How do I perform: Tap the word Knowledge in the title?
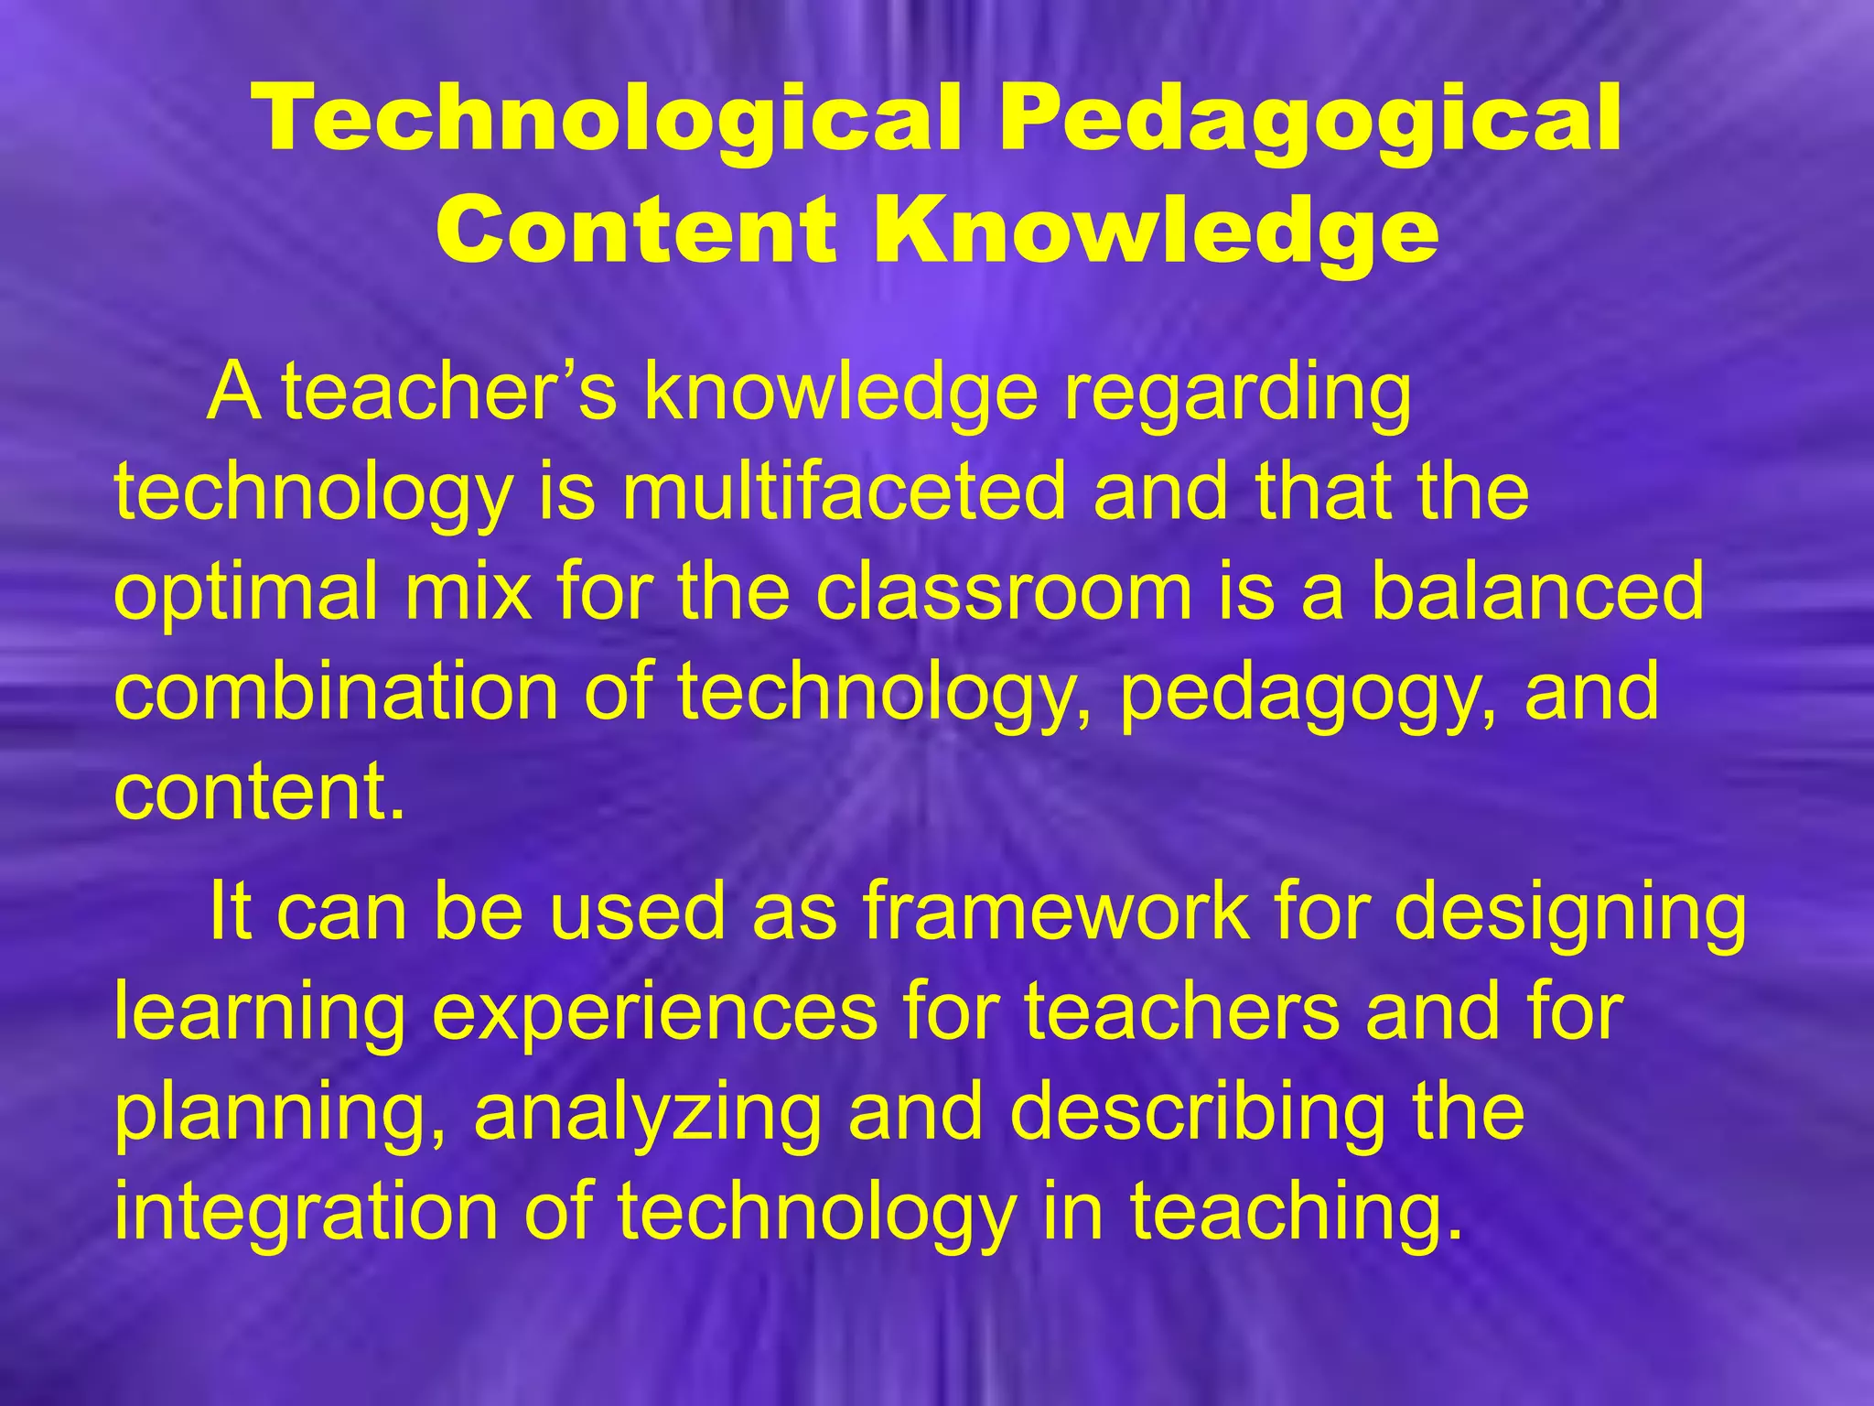coord(1155,229)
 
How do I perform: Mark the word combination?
coord(336,691)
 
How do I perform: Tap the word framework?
coord(1054,912)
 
